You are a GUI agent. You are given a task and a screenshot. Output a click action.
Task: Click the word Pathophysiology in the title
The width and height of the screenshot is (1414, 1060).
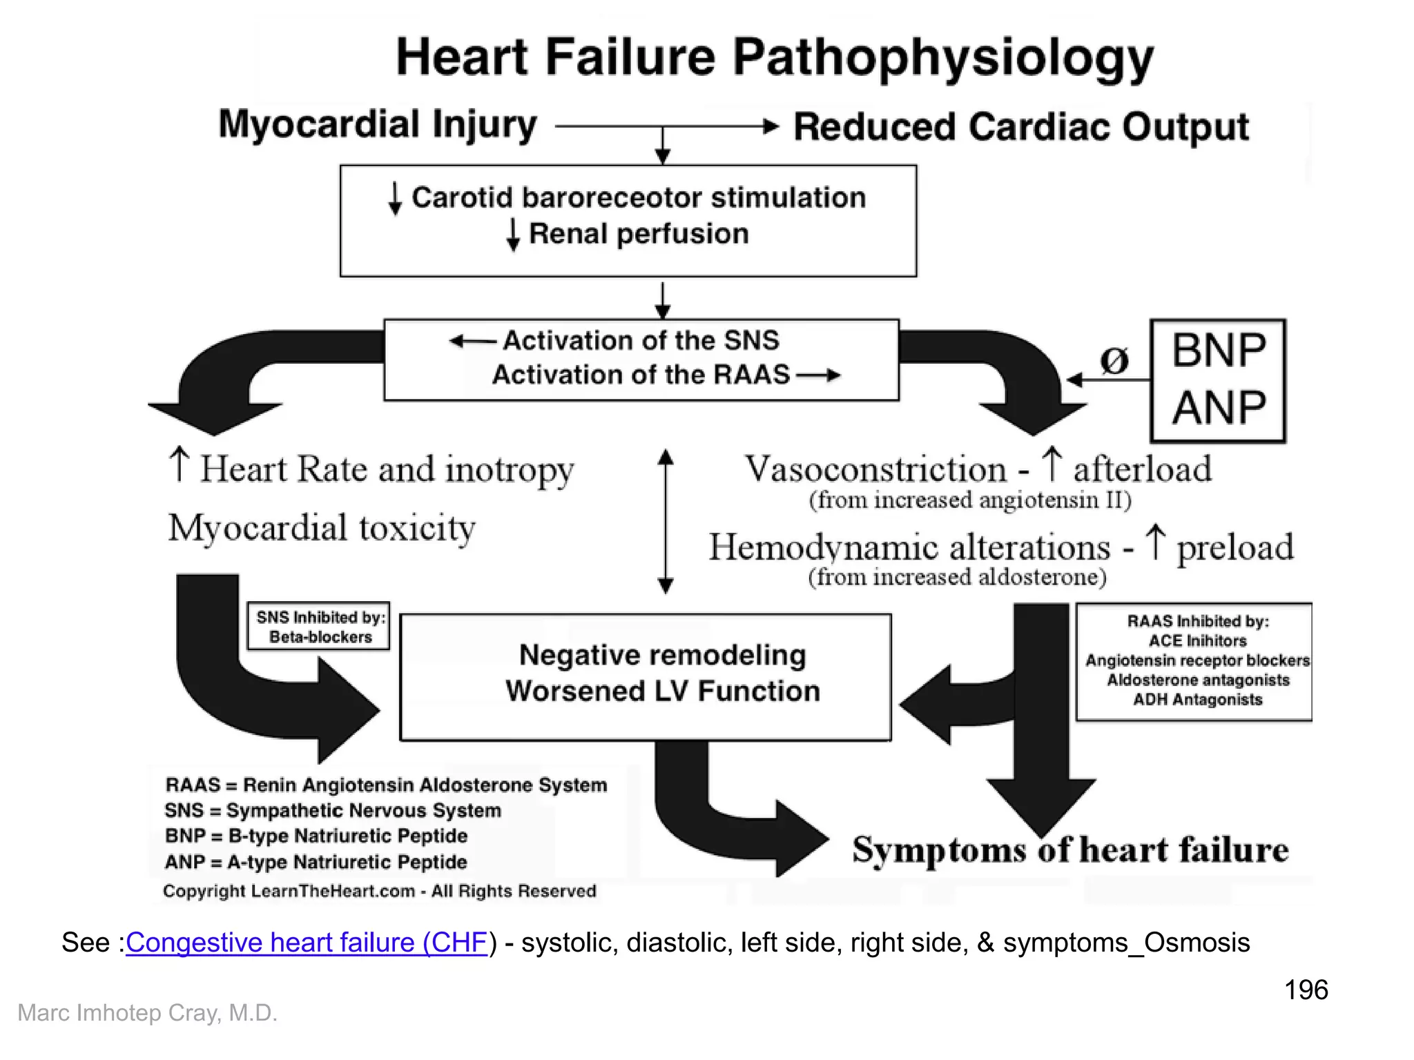(x=942, y=59)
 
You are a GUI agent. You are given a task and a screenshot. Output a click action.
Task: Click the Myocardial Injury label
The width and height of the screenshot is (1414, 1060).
(x=378, y=125)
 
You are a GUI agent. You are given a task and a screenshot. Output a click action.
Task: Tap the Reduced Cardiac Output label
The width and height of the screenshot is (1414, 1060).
(x=1020, y=127)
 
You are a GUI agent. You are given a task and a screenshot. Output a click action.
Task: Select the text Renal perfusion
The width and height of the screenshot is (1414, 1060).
(x=638, y=234)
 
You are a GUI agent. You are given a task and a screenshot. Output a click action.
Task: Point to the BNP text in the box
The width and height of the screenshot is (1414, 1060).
(x=1219, y=351)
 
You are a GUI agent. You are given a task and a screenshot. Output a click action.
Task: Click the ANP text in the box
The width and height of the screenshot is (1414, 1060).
(x=1219, y=408)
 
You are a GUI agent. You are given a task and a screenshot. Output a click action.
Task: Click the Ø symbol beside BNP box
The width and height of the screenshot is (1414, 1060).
(x=1114, y=360)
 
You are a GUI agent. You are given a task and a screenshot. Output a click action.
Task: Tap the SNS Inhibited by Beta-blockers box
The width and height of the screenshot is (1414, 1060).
(x=319, y=627)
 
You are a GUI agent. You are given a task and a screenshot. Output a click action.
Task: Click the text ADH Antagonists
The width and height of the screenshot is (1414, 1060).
(x=1197, y=700)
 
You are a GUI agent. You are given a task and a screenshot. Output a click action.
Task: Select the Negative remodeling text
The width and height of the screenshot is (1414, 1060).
(x=662, y=655)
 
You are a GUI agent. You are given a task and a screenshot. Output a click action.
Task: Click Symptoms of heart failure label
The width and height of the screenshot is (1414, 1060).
(x=1069, y=850)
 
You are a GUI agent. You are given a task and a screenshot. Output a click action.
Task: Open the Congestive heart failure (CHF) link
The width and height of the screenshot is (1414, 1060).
(x=307, y=943)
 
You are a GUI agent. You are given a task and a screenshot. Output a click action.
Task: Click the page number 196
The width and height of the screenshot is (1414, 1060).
(x=1306, y=990)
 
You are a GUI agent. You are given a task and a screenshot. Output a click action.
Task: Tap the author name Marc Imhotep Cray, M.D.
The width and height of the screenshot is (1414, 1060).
(x=147, y=1012)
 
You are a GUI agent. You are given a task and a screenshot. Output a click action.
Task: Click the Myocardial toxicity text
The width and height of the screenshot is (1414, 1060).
(x=322, y=529)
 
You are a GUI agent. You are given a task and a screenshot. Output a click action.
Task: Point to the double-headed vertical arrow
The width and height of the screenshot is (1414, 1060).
(x=665, y=521)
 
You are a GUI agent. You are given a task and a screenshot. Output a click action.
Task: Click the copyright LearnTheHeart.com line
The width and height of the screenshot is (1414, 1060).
(x=379, y=891)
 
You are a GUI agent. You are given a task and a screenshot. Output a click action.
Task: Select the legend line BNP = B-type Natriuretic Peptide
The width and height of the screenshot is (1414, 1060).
(x=316, y=836)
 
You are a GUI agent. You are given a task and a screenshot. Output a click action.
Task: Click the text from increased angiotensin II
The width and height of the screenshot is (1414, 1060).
(x=970, y=500)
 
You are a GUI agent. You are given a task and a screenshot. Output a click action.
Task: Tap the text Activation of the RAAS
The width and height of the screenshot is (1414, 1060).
(x=641, y=375)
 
